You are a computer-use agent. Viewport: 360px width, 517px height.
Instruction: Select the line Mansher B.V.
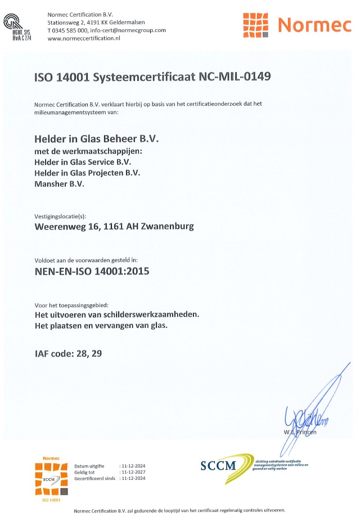59,183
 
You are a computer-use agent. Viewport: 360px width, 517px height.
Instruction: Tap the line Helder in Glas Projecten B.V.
87,172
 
